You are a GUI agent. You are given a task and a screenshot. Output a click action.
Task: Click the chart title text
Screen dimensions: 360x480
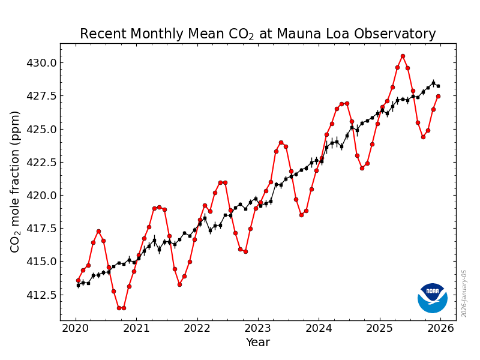[257, 34]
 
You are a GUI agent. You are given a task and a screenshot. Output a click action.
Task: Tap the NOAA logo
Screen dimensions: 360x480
[433, 298]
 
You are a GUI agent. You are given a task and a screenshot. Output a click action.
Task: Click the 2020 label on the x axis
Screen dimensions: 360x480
[75, 328]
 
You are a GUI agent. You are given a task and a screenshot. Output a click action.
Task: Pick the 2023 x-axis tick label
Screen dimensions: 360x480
[257, 328]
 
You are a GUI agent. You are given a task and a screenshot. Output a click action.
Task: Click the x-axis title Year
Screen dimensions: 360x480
[257, 343]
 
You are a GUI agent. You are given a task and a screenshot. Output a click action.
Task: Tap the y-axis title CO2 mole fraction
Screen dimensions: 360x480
[16, 181]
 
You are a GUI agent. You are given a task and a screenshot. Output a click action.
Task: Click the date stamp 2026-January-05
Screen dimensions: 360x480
[464, 293]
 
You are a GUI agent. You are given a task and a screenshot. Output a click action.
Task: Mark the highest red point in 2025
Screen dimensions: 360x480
[403, 56]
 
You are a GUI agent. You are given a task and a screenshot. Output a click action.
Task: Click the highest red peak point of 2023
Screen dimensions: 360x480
[281, 142]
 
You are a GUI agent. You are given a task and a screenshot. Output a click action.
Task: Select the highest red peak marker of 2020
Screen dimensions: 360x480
[98, 231]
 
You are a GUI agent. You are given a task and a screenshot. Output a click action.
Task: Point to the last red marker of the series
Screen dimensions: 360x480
[438, 96]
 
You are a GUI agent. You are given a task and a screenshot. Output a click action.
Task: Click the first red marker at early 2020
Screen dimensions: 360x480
[78, 280]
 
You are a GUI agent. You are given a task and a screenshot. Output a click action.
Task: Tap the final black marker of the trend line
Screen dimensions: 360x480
[438, 86]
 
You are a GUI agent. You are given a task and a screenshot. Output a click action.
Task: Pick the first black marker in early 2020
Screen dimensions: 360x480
[78, 285]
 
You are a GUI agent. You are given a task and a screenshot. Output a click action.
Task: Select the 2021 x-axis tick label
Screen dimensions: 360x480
[136, 328]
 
